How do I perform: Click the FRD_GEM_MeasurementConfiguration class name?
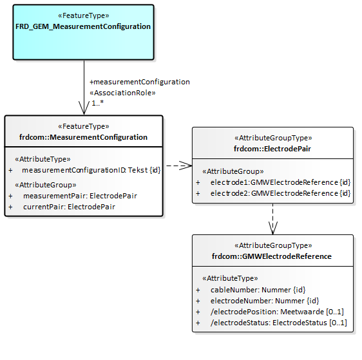tap(83, 27)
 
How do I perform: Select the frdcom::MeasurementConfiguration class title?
tap(83, 137)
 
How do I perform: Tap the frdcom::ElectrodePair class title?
tap(272, 149)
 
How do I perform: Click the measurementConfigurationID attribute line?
tap(91, 170)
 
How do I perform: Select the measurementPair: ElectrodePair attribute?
tap(80, 196)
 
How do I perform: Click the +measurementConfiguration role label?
tap(140, 82)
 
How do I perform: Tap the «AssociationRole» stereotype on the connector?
tap(122, 92)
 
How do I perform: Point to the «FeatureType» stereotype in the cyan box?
tap(83, 15)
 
